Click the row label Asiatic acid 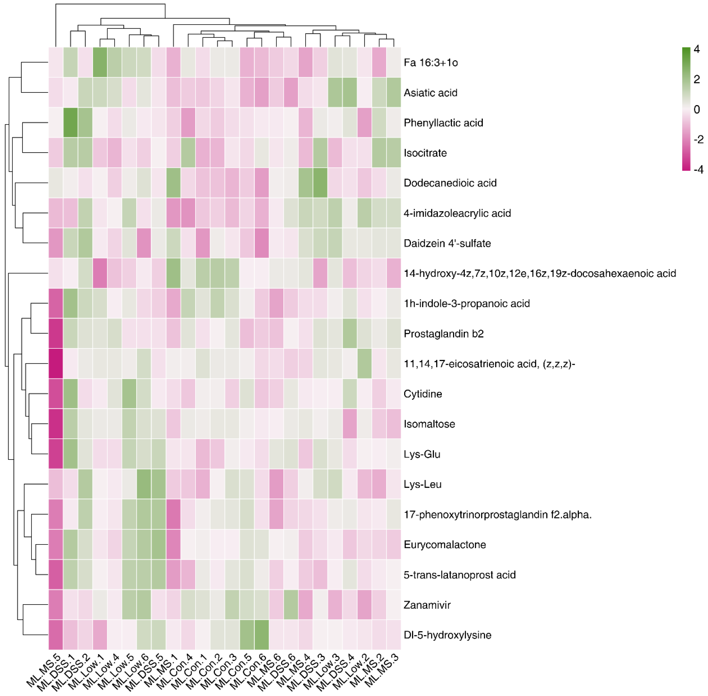(430, 93)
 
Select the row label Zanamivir (427, 605)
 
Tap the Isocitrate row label (425, 153)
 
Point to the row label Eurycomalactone (445, 545)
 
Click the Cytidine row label (423, 394)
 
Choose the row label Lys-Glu (422, 454)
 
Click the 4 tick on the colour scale (696, 49)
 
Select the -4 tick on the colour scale (698, 169)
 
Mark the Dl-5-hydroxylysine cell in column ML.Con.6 (262, 635)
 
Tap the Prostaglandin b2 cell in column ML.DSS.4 (349, 333)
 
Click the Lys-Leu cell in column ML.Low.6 (144, 484)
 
